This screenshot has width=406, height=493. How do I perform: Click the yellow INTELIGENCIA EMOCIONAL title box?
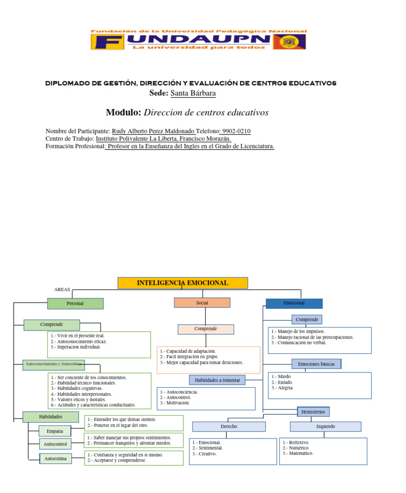tap(182, 283)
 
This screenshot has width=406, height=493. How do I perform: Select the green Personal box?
tap(75, 304)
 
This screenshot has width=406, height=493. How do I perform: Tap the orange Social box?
tap(202, 303)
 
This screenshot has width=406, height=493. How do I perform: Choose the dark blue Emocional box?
tap(293, 303)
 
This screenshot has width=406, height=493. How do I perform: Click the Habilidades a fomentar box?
tap(217, 380)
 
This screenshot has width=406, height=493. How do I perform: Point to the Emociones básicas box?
tap(316, 364)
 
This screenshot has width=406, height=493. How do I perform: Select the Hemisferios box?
tap(313, 412)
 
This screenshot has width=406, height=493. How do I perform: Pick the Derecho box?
tap(228, 426)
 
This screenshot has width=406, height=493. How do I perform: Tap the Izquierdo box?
tap(325, 426)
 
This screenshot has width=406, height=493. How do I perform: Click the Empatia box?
tap(54, 431)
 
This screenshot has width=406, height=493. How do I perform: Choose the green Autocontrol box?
tap(55, 444)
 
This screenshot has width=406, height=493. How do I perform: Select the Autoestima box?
tap(55, 459)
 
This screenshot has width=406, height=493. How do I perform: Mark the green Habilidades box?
tap(51, 417)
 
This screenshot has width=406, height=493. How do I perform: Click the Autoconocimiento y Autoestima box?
tap(53, 364)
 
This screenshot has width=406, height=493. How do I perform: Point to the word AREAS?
tap(62, 290)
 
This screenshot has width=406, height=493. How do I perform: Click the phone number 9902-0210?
tap(236, 131)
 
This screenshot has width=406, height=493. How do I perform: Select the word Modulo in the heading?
tap(124, 113)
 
